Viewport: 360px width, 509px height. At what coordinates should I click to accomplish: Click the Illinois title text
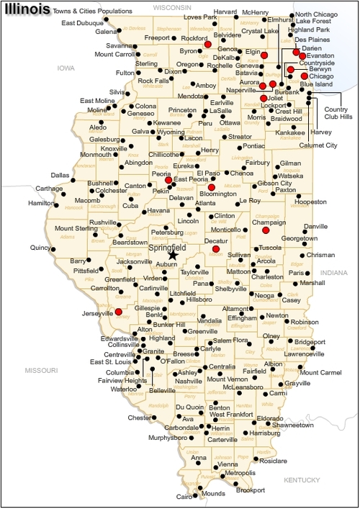point(27,9)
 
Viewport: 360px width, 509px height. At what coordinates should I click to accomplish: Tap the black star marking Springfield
point(172,254)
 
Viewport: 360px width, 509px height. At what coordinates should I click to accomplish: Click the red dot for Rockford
point(207,45)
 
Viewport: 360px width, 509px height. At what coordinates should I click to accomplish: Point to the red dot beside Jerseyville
point(117,312)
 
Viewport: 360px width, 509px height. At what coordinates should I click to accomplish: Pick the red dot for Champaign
point(266,230)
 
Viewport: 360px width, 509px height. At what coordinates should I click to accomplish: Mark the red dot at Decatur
point(215,248)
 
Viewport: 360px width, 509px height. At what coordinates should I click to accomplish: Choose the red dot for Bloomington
point(212,187)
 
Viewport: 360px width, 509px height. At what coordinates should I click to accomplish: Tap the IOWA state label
point(67,68)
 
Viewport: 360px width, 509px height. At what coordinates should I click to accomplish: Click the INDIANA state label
point(333,273)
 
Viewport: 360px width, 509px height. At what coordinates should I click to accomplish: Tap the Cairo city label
point(184,497)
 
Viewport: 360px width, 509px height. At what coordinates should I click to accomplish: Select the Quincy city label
point(41,248)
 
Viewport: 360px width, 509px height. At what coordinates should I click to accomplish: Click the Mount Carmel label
point(320,372)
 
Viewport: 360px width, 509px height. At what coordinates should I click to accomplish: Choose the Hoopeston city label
point(311,202)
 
